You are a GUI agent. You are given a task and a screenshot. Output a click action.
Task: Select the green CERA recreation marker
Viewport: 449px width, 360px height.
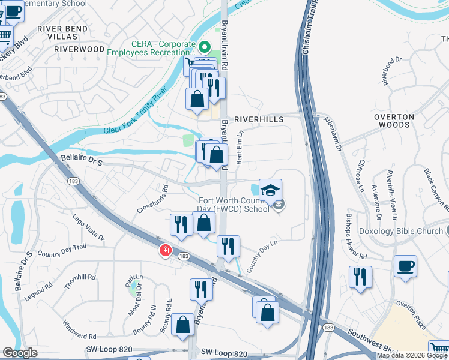tap(205, 46)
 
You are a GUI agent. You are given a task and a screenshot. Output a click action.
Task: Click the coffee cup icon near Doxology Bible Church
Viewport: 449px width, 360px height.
tap(405, 265)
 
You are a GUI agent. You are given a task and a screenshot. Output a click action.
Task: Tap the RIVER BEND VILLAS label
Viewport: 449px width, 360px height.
tap(62, 32)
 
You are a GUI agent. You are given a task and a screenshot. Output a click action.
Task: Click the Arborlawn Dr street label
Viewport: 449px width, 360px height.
tap(332, 133)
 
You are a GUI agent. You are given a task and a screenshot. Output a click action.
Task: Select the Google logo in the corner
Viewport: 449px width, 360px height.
tap(20, 353)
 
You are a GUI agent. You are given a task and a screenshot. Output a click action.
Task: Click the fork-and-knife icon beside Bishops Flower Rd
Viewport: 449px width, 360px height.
tap(360, 277)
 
